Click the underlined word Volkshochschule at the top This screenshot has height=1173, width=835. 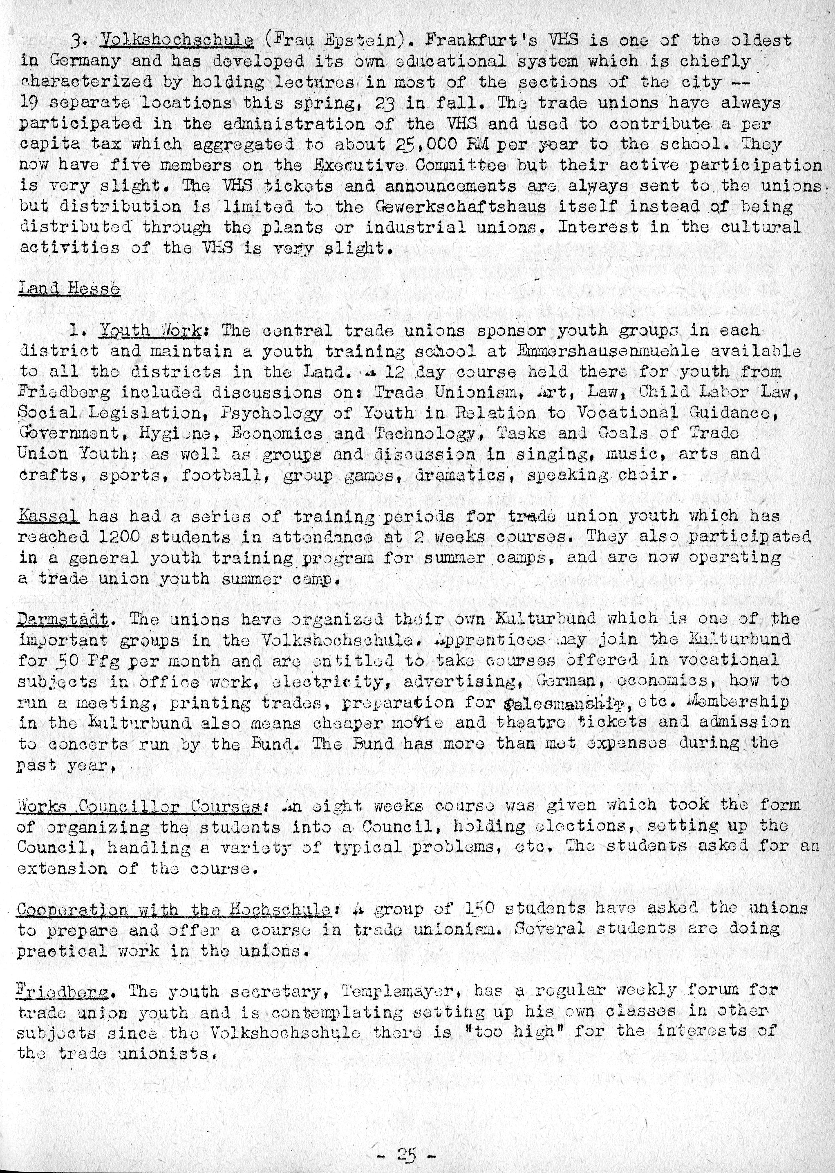click(177, 40)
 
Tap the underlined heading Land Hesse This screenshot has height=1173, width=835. click(69, 289)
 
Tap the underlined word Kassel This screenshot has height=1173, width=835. click(48, 516)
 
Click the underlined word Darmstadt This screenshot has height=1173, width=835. click(63, 620)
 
